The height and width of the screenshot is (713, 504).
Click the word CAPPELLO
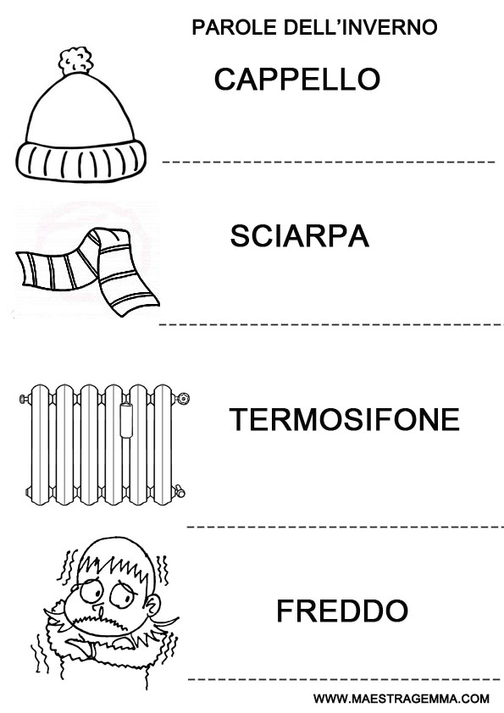[x=297, y=79]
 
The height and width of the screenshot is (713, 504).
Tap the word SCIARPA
[x=299, y=236]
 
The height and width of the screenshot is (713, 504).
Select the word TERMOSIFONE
[x=345, y=419]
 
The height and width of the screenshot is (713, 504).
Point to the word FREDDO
[x=342, y=611]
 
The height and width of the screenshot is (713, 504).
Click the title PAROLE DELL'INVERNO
[x=314, y=27]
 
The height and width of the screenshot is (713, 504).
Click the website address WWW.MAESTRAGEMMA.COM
[x=402, y=699]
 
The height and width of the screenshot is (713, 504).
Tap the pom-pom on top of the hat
[x=75, y=61]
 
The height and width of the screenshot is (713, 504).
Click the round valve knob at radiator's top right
[x=183, y=399]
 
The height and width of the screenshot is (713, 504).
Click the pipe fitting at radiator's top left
[x=25, y=399]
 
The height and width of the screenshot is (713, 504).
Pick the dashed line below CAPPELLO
[x=329, y=162]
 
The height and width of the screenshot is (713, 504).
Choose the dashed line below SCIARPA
[x=331, y=324]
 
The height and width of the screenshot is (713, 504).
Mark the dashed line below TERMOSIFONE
[x=346, y=527]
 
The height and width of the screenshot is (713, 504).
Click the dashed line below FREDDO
[x=344, y=679]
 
